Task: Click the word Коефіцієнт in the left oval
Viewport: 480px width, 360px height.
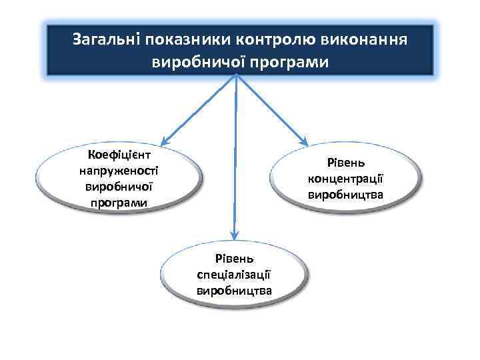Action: point(119,156)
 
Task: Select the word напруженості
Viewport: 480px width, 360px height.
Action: point(119,171)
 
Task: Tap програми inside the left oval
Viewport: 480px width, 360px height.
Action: point(119,202)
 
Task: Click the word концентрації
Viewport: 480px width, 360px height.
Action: point(345,179)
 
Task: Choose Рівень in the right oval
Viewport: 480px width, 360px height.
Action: point(345,163)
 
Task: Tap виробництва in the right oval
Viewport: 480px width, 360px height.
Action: point(345,195)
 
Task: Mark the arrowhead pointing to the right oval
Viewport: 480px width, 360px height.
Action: point(304,141)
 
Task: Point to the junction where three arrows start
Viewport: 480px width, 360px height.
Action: point(236,75)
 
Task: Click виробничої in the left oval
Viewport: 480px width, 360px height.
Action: point(119,187)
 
